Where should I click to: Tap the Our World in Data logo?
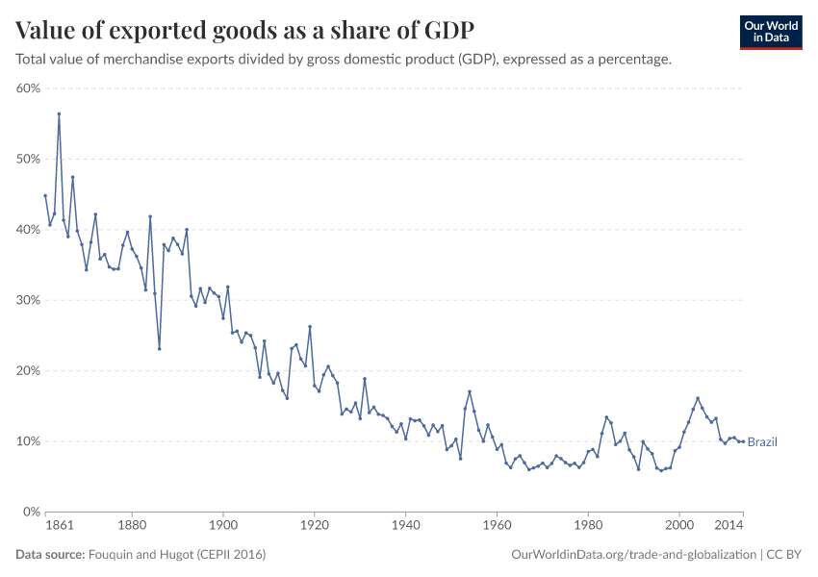770,32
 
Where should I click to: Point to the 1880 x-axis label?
132,527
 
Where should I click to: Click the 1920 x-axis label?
315,527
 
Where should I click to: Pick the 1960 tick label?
497,527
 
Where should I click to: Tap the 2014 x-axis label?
729,527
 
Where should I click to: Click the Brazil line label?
762,442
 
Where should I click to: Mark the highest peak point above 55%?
59,113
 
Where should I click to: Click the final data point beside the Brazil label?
742,441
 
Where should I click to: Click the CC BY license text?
784,555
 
